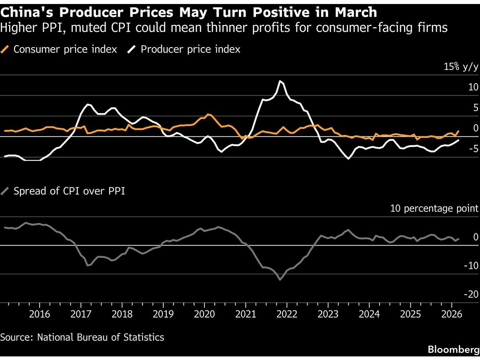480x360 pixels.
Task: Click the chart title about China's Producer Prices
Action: point(188,12)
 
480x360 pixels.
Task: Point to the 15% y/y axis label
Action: point(460,67)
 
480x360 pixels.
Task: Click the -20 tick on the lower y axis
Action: point(470,294)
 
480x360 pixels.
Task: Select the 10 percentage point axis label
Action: point(434,208)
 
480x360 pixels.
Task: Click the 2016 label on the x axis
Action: point(40,313)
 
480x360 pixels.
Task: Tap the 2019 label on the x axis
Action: point(163,313)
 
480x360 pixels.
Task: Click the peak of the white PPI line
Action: point(281,81)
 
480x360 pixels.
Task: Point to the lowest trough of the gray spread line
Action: point(280,280)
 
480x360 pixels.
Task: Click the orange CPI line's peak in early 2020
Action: point(207,114)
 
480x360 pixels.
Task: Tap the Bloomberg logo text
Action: point(453,349)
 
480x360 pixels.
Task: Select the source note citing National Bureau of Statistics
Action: point(82,337)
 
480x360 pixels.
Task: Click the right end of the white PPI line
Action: point(458,140)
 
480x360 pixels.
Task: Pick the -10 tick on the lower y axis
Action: point(470,266)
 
